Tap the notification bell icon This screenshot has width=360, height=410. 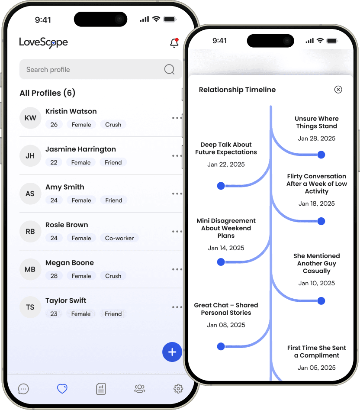point(174,43)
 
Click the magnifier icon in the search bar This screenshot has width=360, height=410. point(169,69)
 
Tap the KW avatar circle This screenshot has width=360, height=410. point(30,118)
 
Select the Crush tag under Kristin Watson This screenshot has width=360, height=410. point(113,124)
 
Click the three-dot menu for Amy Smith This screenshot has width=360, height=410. point(177,194)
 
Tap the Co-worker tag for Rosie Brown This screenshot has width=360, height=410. point(119,238)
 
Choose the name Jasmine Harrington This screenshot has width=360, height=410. point(80,149)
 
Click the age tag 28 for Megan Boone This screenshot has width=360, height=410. point(54,276)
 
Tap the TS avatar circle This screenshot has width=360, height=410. point(30,307)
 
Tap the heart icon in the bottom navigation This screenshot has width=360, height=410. point(62,388)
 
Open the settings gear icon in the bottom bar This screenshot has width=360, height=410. point(178,388)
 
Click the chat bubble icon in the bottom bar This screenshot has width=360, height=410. point(23,389)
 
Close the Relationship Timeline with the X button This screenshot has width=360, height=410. point(338,90)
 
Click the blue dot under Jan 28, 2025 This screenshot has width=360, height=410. point(321,155)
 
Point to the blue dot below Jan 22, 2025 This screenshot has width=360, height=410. point(221,186)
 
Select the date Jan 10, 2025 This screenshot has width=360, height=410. point(316,283)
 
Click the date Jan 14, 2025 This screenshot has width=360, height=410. point(226,248)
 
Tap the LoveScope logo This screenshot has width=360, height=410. point(43,42)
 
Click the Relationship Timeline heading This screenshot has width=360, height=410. point(237,90)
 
